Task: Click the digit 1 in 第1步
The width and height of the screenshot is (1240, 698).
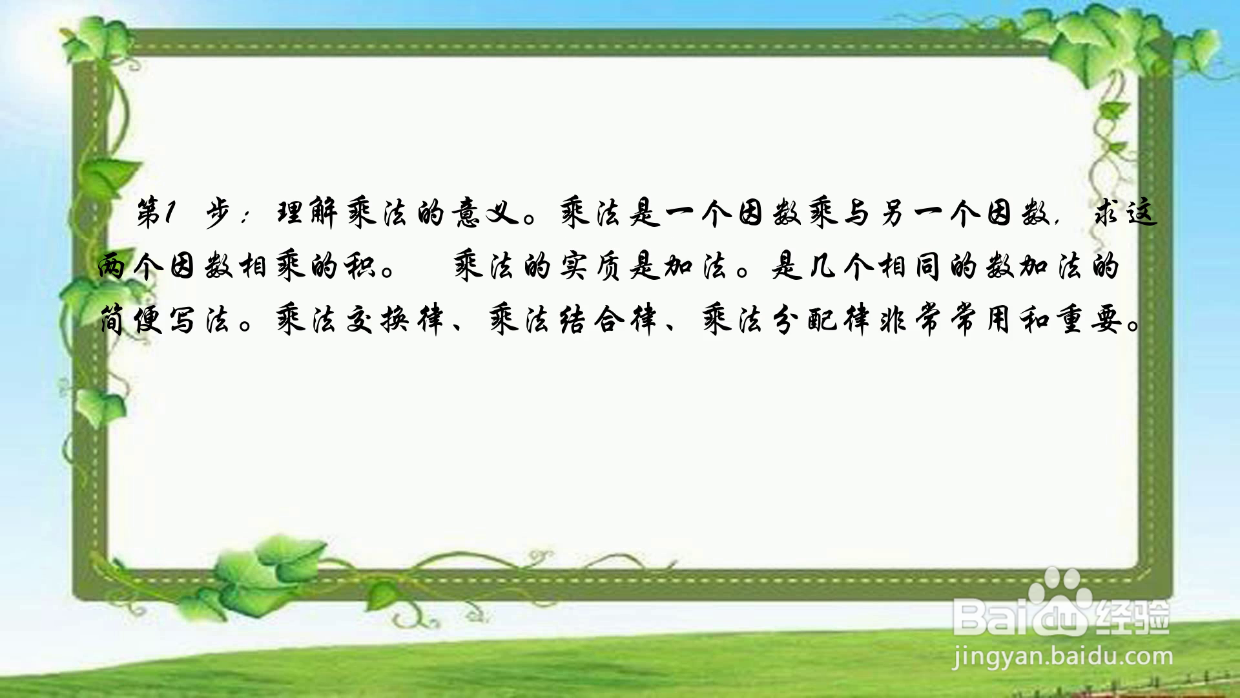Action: pos(169,214)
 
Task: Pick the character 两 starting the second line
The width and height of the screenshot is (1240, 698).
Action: pos(114,266)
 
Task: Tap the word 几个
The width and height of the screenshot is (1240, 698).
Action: pos(842,266)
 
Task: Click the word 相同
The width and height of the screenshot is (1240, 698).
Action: pos(913,266)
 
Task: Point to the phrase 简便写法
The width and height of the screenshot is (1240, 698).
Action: pos(165,319)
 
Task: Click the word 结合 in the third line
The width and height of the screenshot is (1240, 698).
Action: pos(591,319)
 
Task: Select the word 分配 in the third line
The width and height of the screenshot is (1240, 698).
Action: pos(805,319)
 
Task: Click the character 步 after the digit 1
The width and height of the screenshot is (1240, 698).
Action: pos(220,214)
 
